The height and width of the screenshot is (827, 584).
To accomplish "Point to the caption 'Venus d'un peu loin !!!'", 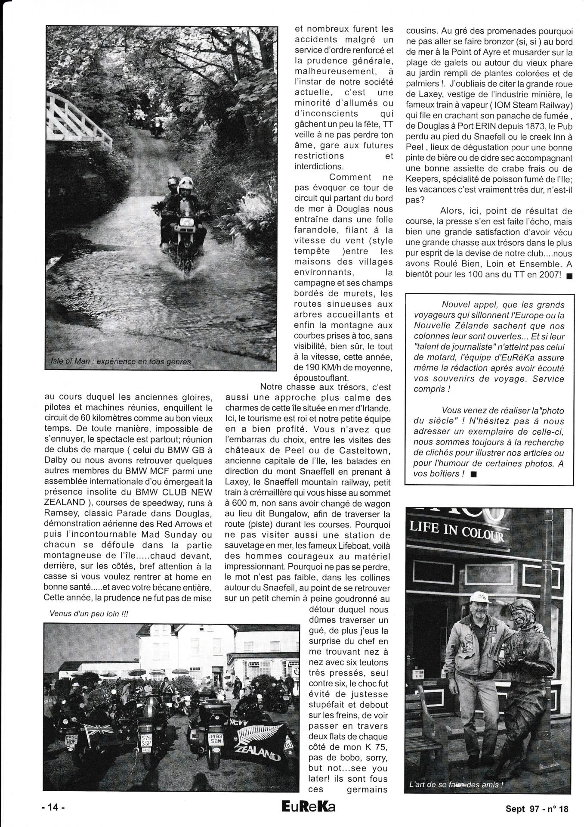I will pyautogui.click(x=86, y=614).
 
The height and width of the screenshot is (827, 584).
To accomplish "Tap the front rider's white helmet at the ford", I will pyautogui.click(x=185, y=183).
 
